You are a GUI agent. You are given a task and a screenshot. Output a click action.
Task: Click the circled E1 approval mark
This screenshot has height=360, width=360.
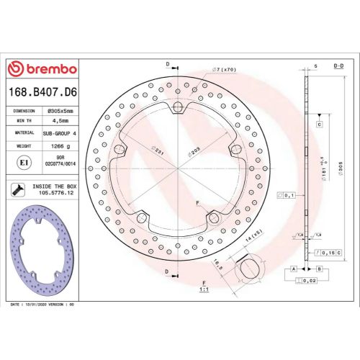22,163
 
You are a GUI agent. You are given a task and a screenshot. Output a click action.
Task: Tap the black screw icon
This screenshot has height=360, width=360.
17,189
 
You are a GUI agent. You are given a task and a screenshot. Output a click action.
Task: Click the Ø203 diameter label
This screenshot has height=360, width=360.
194,151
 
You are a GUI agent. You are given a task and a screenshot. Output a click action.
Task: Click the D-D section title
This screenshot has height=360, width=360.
338,65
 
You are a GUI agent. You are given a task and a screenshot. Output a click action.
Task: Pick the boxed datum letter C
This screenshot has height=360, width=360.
318,125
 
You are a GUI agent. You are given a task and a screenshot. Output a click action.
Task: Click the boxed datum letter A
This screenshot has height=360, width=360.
294,268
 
